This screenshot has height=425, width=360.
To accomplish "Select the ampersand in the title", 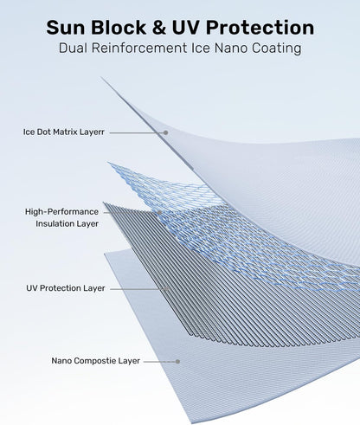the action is tap(159, 28).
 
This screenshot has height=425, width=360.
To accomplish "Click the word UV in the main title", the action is tap(186, 28).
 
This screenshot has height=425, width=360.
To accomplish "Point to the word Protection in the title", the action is tap(260, 28).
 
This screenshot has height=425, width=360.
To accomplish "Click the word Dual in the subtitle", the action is tap(73, 48).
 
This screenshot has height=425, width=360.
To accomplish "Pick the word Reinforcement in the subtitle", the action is tap(139, 48).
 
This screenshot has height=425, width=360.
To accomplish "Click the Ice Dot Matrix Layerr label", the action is tap(64, 132).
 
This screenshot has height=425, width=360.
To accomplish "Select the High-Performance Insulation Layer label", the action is tap(61, 217).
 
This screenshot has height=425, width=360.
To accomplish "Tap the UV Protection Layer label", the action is tap(66, 288).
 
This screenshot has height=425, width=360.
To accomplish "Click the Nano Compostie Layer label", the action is tap(95, 361).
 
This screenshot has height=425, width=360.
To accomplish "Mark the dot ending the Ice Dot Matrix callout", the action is tap(166, 132).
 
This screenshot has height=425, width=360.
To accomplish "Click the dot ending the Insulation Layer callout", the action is tap(159, 213).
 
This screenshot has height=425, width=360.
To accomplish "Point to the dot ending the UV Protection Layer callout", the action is tap(166, 288).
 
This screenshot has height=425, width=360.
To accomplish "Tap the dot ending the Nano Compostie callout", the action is tap(178, 362).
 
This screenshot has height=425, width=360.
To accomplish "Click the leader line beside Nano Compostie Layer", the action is tap(160, 362).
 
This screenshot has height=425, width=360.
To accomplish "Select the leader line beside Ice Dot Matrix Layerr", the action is tap(137, 132).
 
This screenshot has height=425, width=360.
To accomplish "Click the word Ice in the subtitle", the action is tap(201, 48).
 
